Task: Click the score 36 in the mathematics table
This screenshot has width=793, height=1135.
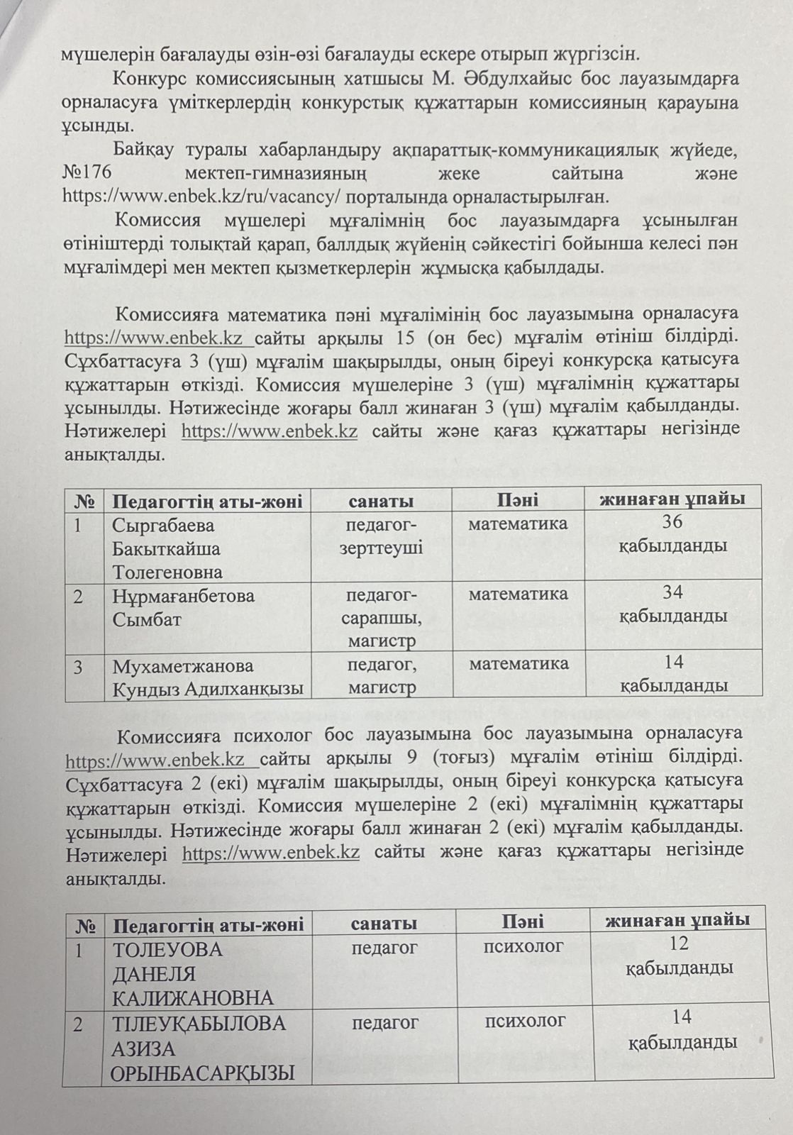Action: tap(672, 522)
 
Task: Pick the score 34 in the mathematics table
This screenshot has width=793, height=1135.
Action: tap(672, 592)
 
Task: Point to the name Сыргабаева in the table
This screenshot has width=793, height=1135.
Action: tap(163, 526)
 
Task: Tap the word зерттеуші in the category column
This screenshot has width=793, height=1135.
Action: tap(381, 548)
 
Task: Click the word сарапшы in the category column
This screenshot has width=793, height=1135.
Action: tap(381, 618)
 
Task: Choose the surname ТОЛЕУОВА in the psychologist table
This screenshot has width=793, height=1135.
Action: tap(167, 950)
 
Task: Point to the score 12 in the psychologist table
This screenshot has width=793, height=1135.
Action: tap(679, 943)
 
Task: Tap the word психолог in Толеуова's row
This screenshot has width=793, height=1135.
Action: tap(523, 946)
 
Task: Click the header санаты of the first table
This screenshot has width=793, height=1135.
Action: tap(381, 501)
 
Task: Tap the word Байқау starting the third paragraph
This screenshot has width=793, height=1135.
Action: tap(143, 151)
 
